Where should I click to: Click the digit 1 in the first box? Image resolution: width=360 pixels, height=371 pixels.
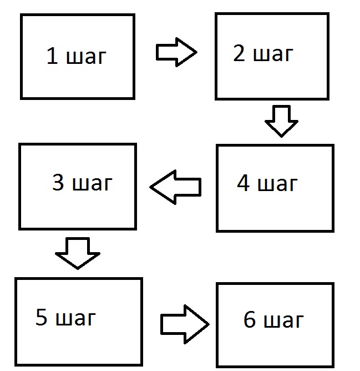52,57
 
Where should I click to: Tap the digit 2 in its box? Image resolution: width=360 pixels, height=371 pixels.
239,54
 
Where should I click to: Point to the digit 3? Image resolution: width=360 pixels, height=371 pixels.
58,183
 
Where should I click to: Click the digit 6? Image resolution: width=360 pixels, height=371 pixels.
250,320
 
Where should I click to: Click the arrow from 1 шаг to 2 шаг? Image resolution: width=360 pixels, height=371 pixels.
176,53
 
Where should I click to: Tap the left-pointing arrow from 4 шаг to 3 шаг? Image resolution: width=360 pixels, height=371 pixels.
175,186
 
